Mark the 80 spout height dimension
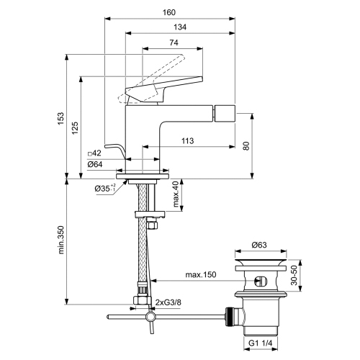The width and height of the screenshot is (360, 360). point(246,146)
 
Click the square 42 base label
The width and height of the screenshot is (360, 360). point(94,153)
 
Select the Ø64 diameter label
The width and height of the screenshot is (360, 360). point(94,164)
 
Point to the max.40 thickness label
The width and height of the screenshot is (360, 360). point(176,192)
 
